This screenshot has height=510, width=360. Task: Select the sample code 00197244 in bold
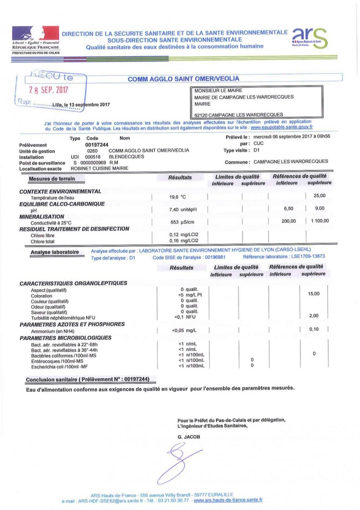coord(97,144)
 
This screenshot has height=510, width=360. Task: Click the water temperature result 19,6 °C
coord(177,197)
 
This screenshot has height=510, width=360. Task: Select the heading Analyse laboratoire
coord(55,252)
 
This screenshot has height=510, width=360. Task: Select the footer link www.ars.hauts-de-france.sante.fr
coord(228,500)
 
